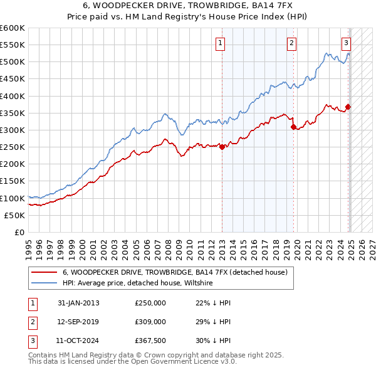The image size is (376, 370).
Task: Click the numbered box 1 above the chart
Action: tap(221, 43)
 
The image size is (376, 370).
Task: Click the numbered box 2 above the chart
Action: tap(292, 43)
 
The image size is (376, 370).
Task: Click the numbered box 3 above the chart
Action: tap(346, 43)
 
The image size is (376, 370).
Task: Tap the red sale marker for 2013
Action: tap(222, 147)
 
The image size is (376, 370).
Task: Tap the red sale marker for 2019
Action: tap(293, 127)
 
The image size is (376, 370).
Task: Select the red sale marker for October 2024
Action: tap(348, 107)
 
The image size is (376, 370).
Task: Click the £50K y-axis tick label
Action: tap(14, 215)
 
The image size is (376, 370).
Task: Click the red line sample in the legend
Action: tap(44, 272)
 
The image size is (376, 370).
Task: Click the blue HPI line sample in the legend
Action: tap(44, 283)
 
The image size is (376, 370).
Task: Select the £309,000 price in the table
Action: tap(150, 321)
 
